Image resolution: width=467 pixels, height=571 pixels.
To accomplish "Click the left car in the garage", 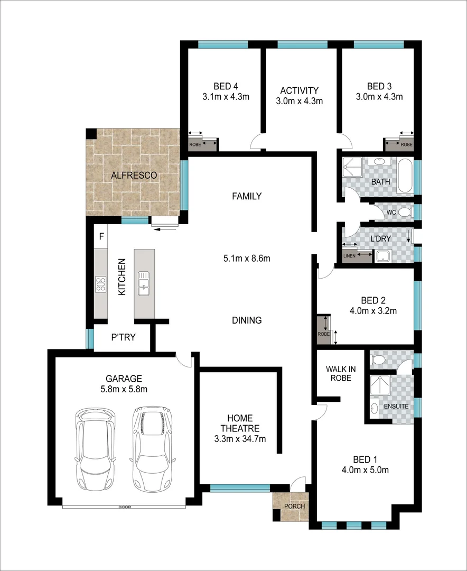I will (96, 448).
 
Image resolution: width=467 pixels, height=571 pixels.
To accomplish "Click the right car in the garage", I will (152, 448).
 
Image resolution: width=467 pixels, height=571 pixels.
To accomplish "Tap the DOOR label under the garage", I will (125, 507).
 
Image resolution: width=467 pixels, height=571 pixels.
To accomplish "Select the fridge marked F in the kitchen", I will (101, 236).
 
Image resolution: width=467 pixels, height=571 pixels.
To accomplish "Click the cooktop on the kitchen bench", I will (101, 284).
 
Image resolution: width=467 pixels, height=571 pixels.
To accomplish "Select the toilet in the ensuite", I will (378, 360).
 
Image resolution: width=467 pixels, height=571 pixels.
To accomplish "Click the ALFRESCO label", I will (134, 175).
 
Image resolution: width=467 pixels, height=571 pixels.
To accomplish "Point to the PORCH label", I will (294, 506).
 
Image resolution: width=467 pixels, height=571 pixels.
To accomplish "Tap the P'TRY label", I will (122, 336).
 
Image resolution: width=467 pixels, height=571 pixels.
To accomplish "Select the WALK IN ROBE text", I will (340, 373).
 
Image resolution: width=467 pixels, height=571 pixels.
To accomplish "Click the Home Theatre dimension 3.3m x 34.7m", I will (240, 438).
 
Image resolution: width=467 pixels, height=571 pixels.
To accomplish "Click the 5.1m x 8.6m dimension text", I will (247, 259).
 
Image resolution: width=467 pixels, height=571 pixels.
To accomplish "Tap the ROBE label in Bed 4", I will (195, 144).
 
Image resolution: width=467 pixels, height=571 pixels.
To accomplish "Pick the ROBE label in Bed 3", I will (406, 144).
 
